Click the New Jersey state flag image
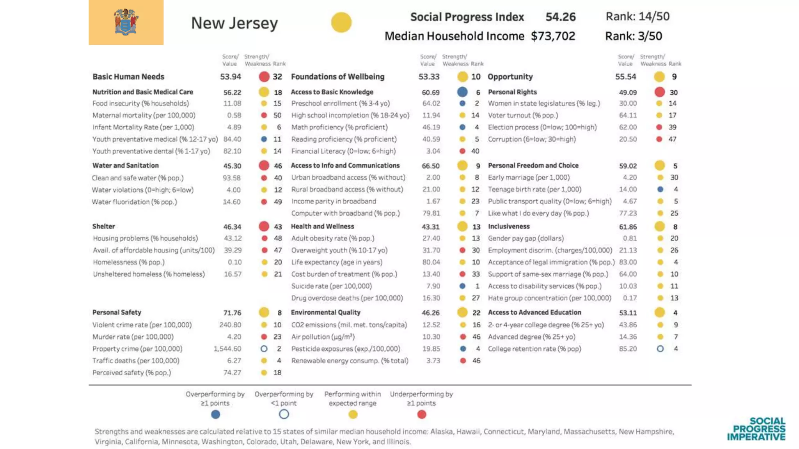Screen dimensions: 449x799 coord(126,22)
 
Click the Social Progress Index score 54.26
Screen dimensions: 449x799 coord(560,17)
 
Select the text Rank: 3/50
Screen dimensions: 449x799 coord(633,36)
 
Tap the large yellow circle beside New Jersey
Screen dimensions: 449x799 coord(341,22)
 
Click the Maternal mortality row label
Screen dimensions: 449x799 coord(144,115)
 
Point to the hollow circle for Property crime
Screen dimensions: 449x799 coord(264,349)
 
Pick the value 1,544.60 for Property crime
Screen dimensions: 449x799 coord(227,349)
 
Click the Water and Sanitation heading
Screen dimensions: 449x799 coord(125,166)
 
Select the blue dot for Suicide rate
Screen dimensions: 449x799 coord(462,286)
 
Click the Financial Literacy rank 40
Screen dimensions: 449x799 coord(475,151)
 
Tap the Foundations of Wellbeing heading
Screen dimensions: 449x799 coord(337,77)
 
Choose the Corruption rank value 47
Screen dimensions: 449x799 coord(672,139)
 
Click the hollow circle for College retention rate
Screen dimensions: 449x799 coord(660,349)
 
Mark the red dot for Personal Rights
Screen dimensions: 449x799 coord(660,92)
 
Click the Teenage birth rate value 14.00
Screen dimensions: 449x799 coord(628,189)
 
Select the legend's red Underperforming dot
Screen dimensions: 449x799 coord(421,414)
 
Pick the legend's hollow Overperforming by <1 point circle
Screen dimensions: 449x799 coord(284,414)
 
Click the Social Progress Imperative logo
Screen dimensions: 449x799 coord(756,429)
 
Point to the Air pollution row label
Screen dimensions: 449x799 coord(323,337)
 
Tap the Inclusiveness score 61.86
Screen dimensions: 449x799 coord(628,227)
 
